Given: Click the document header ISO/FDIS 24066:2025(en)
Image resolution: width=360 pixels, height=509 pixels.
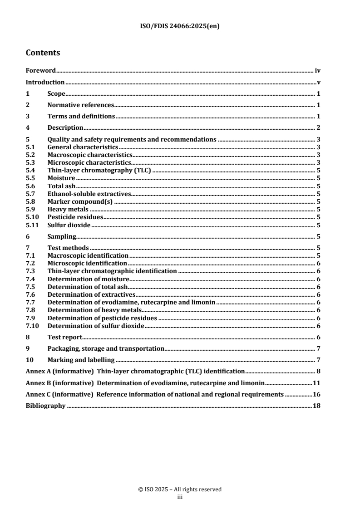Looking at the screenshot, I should coord(180,26).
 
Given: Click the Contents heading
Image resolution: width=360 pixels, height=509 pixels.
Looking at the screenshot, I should coord(43,53).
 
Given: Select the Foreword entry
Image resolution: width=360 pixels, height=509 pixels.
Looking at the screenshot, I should coord(40,71).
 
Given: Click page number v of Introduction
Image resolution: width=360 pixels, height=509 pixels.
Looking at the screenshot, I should coord(319,83).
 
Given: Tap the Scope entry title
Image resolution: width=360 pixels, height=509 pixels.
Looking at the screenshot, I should coord(56,94).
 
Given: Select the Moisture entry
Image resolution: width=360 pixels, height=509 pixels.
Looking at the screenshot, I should coord(61,178).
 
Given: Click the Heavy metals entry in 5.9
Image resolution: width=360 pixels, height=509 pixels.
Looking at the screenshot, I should coord(68,210).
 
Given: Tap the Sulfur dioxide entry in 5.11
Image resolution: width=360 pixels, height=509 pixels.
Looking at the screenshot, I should coord(69,225).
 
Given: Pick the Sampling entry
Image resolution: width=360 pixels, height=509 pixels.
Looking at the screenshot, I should coord(61,236).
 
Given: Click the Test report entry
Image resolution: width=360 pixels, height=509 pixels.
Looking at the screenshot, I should coord(64,337).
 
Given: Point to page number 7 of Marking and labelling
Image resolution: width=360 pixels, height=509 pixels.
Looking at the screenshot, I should coord(319,360).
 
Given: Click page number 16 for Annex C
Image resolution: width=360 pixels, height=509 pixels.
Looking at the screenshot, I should coord(316,394).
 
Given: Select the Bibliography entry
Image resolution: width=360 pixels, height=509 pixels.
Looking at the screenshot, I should coord(45,406).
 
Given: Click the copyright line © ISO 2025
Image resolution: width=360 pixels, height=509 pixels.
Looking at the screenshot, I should coord(180,489).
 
